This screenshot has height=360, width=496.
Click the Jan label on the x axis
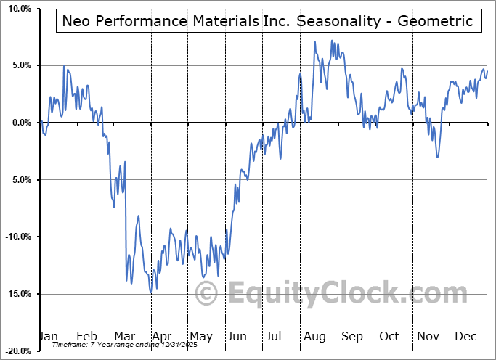48,336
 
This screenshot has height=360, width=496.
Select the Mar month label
124,336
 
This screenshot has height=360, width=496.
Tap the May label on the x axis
200,336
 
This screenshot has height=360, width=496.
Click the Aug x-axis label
314,336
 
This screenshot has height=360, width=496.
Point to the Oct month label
390,336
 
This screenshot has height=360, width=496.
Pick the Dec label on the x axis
465,336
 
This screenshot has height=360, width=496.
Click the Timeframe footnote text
117,345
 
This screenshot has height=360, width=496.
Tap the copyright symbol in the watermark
207,294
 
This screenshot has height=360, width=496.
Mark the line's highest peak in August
315,41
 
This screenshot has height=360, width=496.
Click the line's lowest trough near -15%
151,293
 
